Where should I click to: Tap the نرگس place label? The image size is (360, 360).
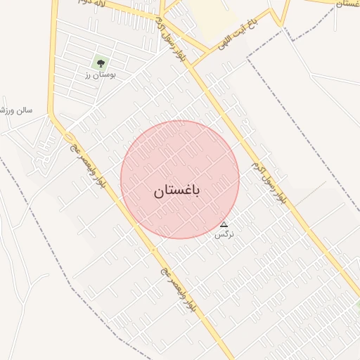tap(224, 234)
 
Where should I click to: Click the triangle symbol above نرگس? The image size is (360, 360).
tap(224, 224)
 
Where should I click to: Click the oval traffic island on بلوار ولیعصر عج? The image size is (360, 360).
tap(69, 136)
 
